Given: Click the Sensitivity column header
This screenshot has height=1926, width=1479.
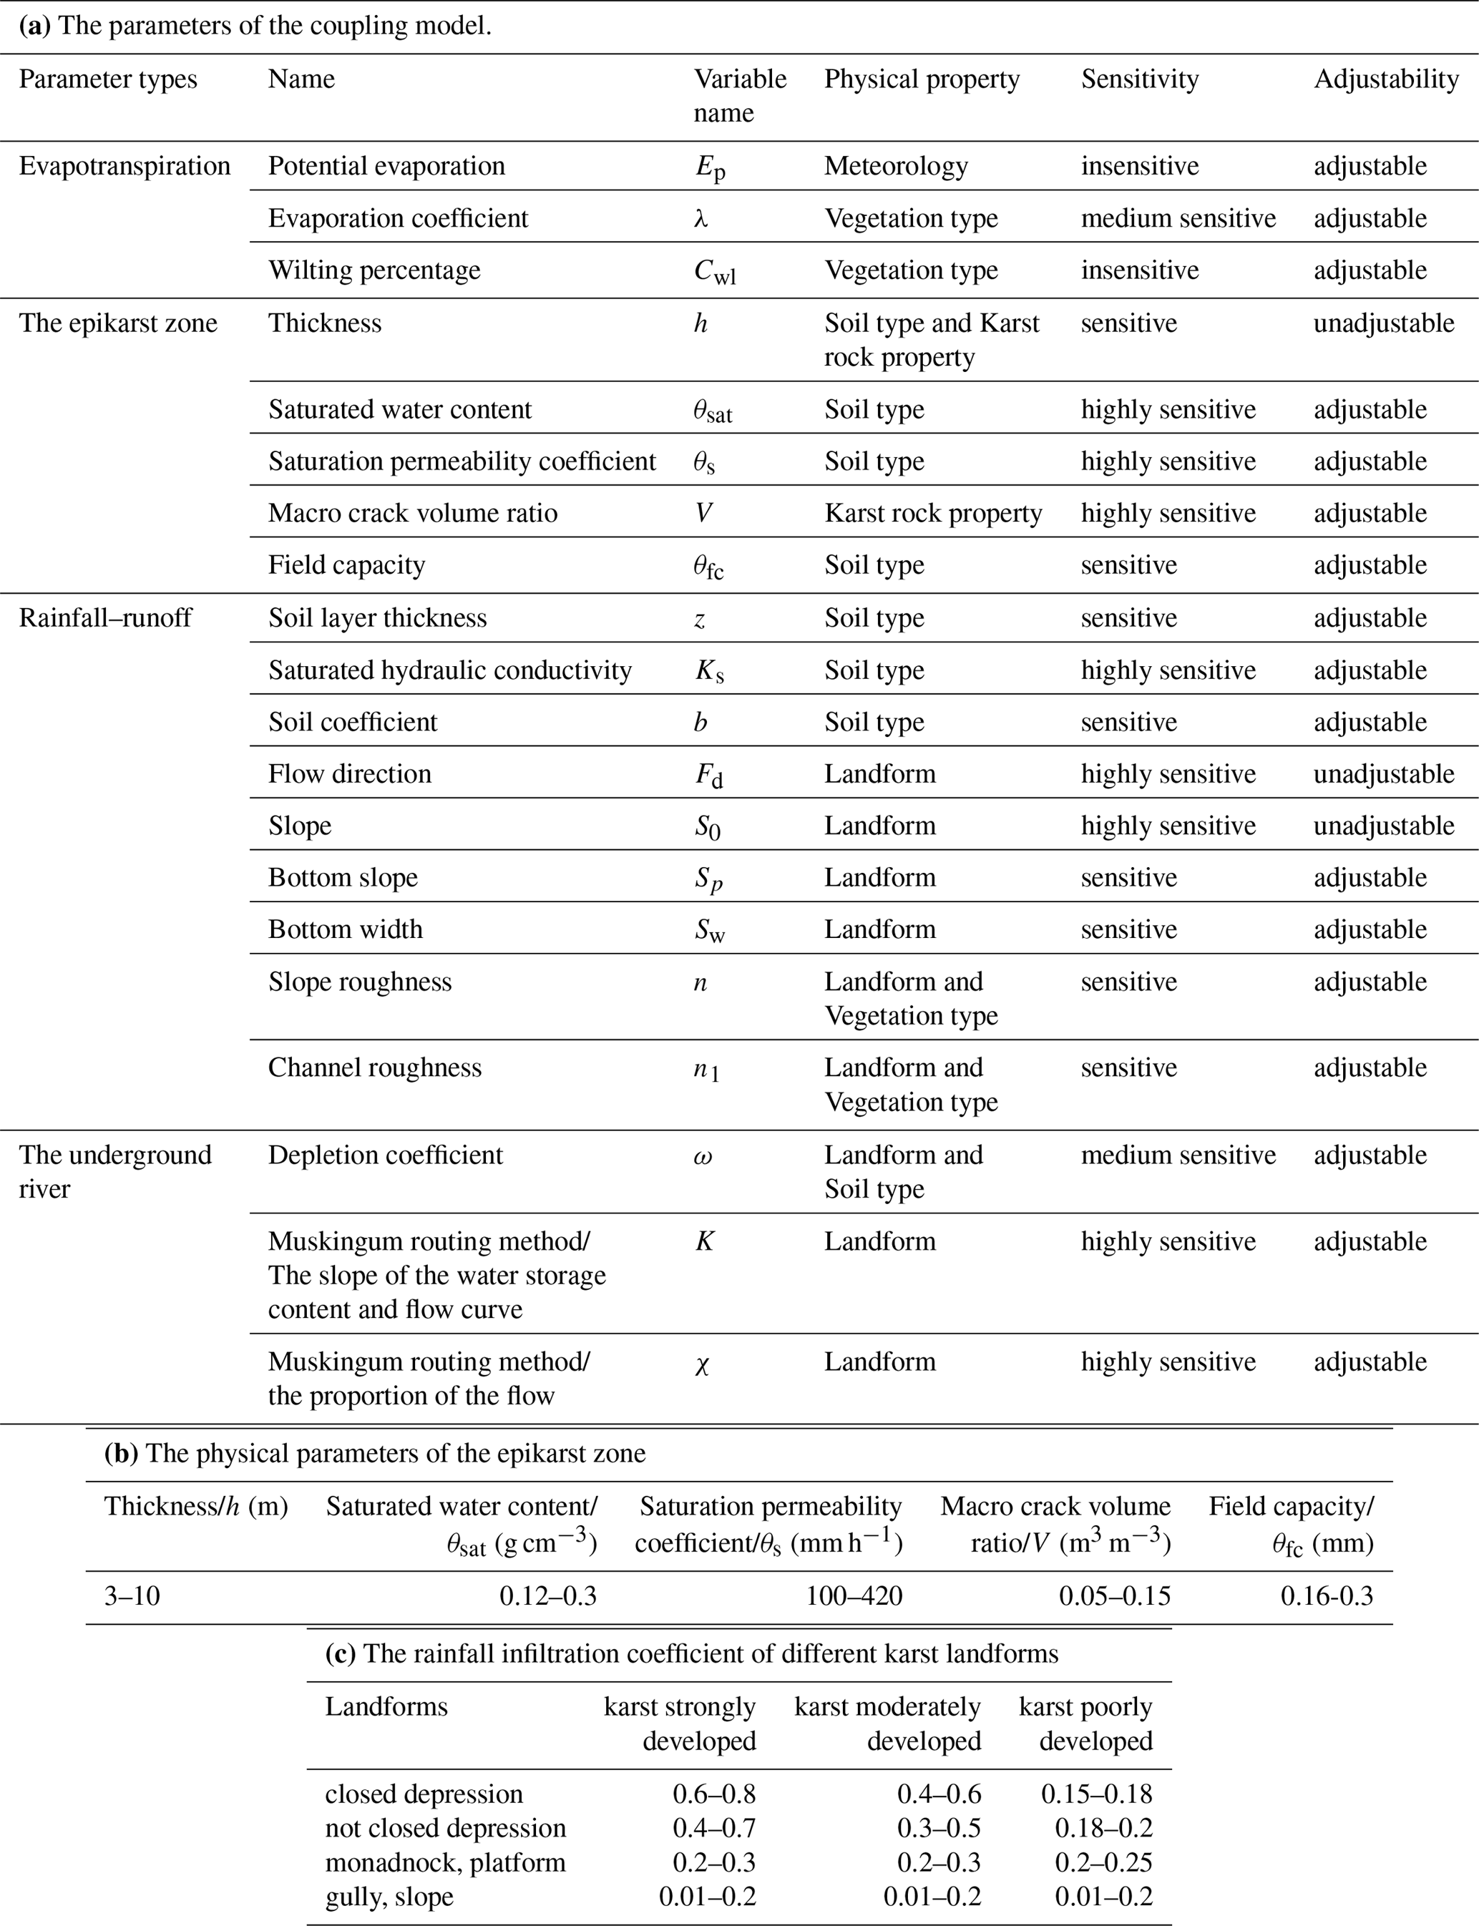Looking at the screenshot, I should pos(1139,79).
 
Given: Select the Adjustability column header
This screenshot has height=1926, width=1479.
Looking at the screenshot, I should pos(1386,79).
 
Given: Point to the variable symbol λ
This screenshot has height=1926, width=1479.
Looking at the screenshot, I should pos(701,218).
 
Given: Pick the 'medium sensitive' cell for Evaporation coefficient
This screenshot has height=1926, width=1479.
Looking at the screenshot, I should pos(1178,218).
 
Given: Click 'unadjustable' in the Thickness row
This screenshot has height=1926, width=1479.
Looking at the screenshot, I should pos(1383,323).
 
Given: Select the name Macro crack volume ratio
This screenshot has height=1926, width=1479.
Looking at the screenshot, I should pos(412,512).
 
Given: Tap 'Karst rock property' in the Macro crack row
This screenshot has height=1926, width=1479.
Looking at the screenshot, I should pos(932,512).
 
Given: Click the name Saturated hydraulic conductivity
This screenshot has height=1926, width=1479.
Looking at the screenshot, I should pos(450,670).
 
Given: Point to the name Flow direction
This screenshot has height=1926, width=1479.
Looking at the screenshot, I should pos(349,773).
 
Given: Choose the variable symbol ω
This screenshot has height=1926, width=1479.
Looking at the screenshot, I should pos(703,1155).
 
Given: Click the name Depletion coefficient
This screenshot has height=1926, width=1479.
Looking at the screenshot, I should pos(385,1155).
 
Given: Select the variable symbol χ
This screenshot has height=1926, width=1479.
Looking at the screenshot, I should pos(702,1363).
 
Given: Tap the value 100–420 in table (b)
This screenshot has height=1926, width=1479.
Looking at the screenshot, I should pos(854,1596).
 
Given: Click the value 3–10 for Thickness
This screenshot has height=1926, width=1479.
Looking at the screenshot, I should pos(132,1596).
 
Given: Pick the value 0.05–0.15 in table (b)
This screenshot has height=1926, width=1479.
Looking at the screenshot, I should pos(1115,1596).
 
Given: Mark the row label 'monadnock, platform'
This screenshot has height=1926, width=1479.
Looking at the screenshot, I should pos(444,1862).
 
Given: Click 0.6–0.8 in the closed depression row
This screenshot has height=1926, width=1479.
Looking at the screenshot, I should pos(714,1794).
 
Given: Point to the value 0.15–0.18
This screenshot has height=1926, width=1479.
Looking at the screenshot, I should pos(1096,1794).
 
